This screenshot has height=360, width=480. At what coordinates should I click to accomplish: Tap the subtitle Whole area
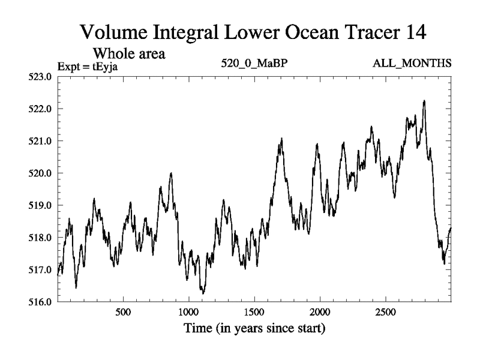[128, 53]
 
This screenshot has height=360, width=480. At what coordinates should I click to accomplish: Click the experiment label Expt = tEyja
[88, 66]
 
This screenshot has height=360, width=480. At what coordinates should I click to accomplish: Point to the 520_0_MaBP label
[248, 64]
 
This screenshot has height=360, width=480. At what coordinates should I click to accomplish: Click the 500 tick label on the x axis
[123, 313]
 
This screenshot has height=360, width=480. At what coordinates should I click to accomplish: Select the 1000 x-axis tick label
[188, 313]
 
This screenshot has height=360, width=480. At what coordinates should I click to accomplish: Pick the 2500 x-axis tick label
[385, 313]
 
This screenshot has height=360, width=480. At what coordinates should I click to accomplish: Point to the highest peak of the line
[424, 101]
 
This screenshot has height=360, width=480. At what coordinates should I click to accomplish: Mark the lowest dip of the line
[203, 293]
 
